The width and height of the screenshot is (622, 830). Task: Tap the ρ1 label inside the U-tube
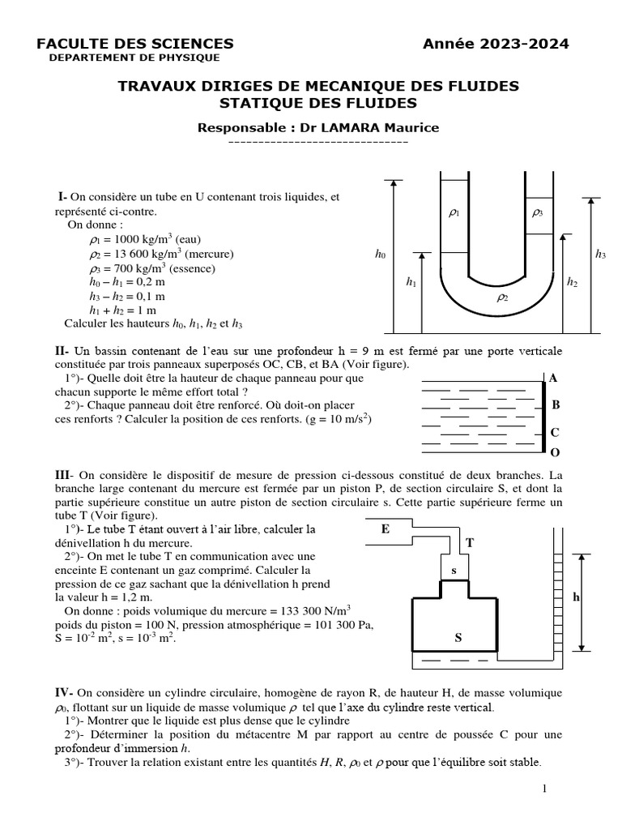[x=454, y=212]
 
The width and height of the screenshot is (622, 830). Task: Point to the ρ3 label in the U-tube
[x=537, y=212]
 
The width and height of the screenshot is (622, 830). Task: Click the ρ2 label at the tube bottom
[x=501, y=298]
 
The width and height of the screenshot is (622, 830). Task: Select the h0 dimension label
[x=380, y=255]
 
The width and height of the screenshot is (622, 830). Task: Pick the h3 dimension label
[x=600, y=255]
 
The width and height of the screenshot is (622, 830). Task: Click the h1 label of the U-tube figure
[x=411, y=282]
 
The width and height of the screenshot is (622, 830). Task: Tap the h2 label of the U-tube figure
[x=572, y=282]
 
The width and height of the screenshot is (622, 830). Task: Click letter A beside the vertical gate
[x=554, y=379]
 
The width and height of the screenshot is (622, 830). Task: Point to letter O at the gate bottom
[x=554, y=451]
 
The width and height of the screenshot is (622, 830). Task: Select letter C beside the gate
[x=555, y=433]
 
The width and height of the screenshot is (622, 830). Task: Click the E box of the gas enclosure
[x=385, y=529]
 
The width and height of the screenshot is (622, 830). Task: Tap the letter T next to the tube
[x=470, y=543]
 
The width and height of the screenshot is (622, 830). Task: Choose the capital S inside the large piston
[x=458, y=639]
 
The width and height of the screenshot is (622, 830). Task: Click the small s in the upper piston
[x=454, y=571]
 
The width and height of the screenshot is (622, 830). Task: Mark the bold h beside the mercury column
[x=577, y=597]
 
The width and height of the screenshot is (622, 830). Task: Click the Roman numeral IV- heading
[x=64, y=692]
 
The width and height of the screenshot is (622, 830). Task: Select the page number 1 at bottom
[x=545, y=789]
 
